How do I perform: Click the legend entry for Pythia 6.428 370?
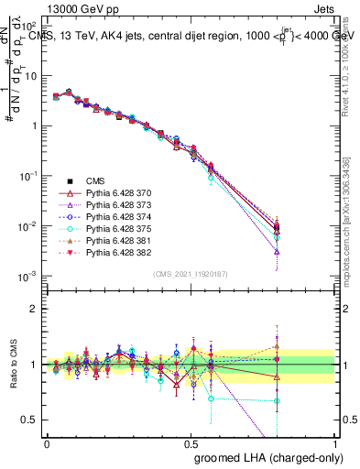[x=114, y=194]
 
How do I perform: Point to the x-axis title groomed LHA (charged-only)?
[x=265, y=456]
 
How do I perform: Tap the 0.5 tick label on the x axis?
[x=191, y=442]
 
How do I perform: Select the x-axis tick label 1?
[x=335, y=442]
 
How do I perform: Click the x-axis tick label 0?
[x=47, y=442]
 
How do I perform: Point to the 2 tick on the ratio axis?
[x=32, y=309]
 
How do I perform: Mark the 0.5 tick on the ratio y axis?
[x=28, y=420]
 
